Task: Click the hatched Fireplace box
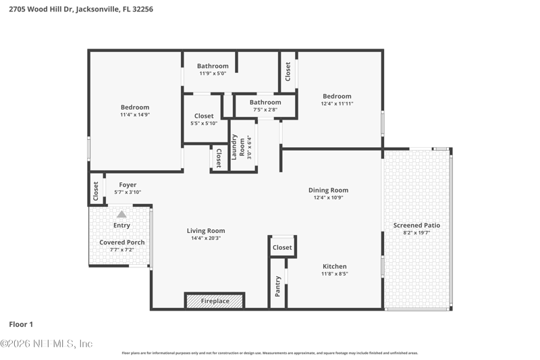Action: [215, 301]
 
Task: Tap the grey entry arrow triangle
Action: [122, 214]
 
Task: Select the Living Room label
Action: [206, 231]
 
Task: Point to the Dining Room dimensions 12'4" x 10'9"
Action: [328, 198]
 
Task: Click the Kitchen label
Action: [335, 266]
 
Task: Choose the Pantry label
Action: [277, 286]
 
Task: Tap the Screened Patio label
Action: [416, 226]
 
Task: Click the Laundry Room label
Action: [238, 147]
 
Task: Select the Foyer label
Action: [128, 185]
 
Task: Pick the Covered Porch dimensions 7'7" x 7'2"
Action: [122, 250]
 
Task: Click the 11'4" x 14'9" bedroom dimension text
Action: [135, 115]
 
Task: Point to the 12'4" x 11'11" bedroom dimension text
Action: [337, 104]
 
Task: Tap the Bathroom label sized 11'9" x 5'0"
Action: [213, 66]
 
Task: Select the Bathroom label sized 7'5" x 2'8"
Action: [265, 102]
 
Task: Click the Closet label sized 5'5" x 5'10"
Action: [204, 116]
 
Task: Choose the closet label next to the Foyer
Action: [96, 191]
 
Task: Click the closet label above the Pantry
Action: [282, 247]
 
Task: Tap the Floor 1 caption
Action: [21, 324]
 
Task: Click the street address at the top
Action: [81, 9]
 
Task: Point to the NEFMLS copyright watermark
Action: [47, 344]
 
